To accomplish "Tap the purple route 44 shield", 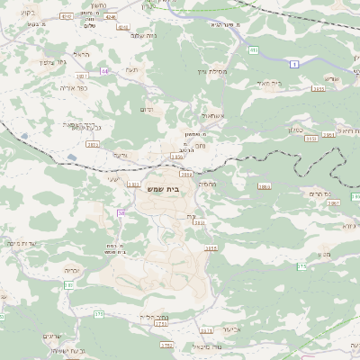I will [x=105, y=69].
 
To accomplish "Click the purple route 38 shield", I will [x=121, y=212].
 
